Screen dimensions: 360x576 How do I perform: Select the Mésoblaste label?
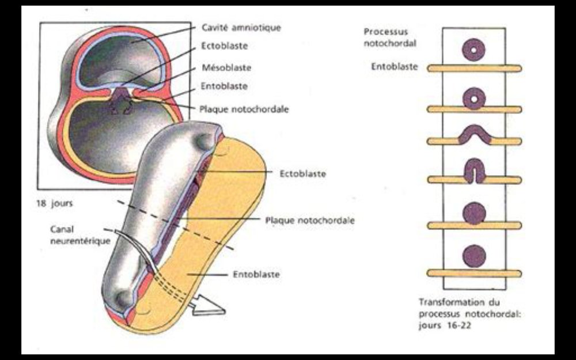pyautogui.click(x=226, y=67)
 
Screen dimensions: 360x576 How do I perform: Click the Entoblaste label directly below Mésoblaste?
pyautogui.click(x=224, y=86)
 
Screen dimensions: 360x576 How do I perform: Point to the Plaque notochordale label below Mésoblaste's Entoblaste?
pyautogui.click(x=244, y=108)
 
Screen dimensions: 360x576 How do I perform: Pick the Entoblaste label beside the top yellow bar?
pyautogui.click(x=395, y=67)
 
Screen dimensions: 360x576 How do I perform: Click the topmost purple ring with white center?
pyautogui.click(x=473, y=50)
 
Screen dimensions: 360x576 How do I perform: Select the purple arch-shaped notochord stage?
pyautogui.click(x=473, y=134)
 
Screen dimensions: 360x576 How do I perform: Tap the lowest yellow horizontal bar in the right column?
pyautogui.click(x=473, y=273)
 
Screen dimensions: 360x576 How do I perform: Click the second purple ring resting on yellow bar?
pyautogui.click(x=473, y=99)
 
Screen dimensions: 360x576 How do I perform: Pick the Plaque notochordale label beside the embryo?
pyautogui.click(x=309, y=220)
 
